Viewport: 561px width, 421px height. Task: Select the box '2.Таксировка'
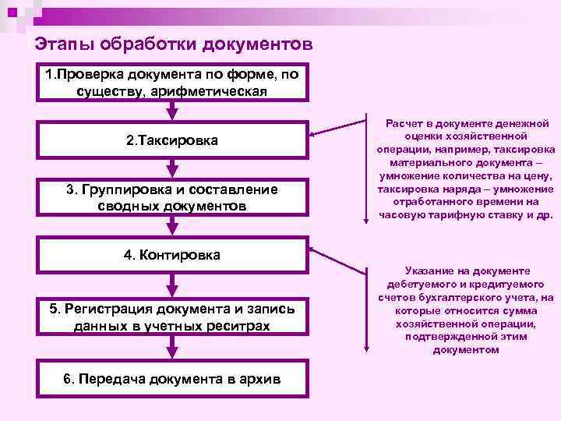click(171, 140)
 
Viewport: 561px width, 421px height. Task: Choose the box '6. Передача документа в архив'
click(171, 380)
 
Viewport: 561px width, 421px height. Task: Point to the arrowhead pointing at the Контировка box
click(313, 249)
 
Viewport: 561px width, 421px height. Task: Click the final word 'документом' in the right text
click(464, 349)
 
